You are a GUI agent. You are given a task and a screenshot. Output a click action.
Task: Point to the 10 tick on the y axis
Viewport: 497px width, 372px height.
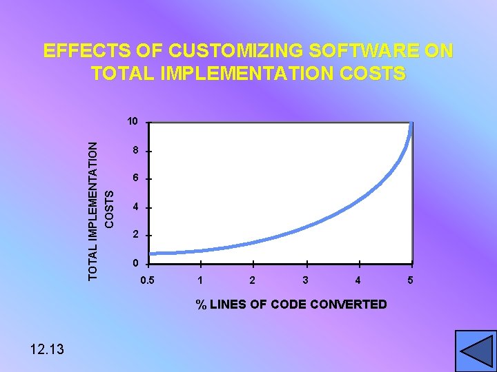tap(133, 122)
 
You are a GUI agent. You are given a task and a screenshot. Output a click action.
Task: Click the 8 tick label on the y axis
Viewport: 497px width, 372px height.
tap(137, 150)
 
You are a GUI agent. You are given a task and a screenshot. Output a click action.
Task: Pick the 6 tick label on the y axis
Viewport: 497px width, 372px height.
tap(137, 178)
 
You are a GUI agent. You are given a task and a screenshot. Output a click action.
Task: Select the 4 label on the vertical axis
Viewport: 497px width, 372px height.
tap(137, 207)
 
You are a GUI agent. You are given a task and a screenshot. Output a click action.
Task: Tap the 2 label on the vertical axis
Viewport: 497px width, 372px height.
tap(137, 235)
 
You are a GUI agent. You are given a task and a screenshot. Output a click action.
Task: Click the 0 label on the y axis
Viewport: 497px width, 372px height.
tap(137, 263)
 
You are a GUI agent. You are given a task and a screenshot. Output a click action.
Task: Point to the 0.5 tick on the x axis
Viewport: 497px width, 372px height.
tap(147, 280)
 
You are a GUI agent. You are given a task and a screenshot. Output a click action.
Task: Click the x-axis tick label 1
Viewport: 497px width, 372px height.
tap(200, 280)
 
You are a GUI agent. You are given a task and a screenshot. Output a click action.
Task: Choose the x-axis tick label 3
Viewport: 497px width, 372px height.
tap(306, 280)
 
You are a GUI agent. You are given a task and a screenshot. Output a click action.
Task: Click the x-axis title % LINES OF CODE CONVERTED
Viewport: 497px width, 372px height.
tap(291, 304)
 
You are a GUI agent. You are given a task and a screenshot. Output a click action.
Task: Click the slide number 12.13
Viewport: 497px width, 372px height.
tap(47, 349)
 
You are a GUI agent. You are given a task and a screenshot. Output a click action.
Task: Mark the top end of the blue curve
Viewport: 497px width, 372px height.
tap(412, 125)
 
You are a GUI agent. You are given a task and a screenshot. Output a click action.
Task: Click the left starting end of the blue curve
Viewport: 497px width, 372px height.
tap(151, 254)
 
